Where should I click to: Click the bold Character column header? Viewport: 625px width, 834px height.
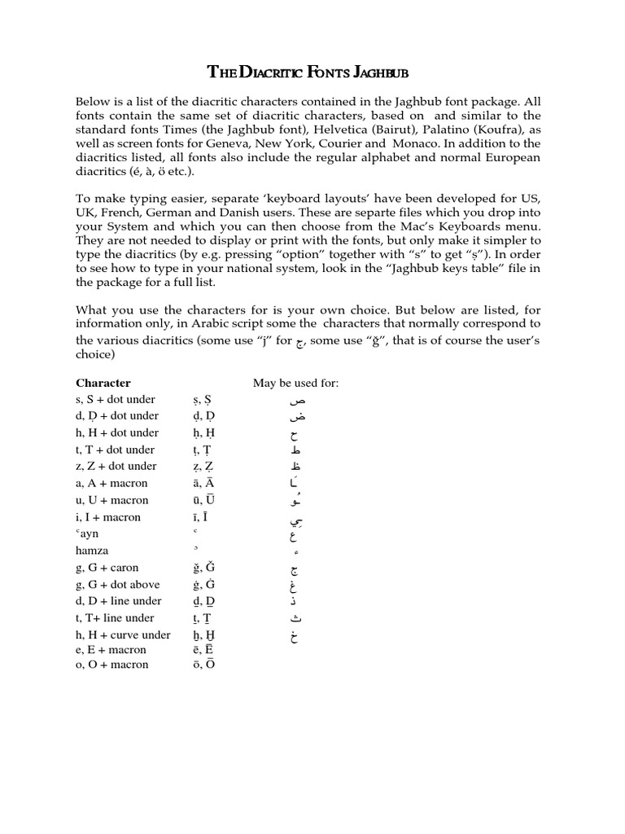[x=103, y=383]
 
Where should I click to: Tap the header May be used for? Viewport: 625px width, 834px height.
[x=295, y=383]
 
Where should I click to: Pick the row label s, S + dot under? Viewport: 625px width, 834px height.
[x=116, y=400]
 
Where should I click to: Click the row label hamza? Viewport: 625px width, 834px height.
[x=92, y=551]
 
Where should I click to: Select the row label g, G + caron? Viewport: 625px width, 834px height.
[x=107, y=568]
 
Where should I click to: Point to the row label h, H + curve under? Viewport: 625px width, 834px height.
[x=123, y=634]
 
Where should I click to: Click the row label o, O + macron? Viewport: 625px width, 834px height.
[x=112, y=665]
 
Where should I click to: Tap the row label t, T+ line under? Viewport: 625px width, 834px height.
[x=115, y=618]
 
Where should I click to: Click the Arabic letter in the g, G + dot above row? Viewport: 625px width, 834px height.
[x=295, y=586]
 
